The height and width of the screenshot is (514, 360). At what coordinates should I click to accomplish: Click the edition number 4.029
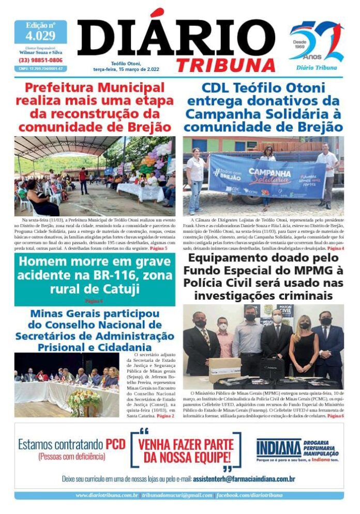pos(40,36)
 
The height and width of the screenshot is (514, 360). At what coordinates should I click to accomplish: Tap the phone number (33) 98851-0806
pos(40,60)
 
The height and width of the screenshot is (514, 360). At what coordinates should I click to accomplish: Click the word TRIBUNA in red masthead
pos(226,65)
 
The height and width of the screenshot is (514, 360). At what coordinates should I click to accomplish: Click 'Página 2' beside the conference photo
pos(166,416)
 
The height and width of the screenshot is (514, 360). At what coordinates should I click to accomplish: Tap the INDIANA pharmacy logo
pos(279,448)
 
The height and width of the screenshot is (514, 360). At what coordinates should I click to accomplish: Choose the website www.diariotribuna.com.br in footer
pos(107,495)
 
